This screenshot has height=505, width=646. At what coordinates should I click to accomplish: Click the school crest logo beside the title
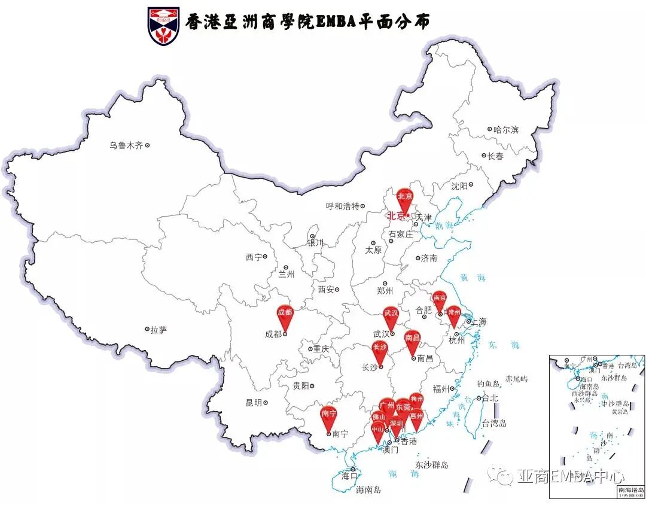(x=163, y=26)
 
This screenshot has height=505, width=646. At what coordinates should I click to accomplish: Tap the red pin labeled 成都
(x=285, y=315)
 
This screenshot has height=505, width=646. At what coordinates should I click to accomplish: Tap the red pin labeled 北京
(x=405, y=198)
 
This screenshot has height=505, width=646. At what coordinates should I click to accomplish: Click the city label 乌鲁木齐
(x=126, y=145)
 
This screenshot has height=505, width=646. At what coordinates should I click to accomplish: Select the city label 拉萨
(x=158, y=329)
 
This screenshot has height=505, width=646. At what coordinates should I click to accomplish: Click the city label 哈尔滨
(x=506, y=129)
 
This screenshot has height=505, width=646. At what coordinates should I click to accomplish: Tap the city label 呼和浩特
(x=342, y=206)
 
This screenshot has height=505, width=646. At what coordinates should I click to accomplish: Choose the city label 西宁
(x=254, y=257)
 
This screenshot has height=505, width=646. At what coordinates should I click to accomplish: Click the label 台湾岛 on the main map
(x=494, y=423)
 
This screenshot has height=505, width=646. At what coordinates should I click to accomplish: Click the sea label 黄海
(x=473, y=278)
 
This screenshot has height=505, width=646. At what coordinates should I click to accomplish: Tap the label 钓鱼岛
(x=488, y=383)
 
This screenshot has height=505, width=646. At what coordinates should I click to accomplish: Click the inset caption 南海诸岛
(x=630, y=489)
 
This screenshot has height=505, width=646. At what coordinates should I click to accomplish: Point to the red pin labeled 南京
(x=440, y=299)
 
